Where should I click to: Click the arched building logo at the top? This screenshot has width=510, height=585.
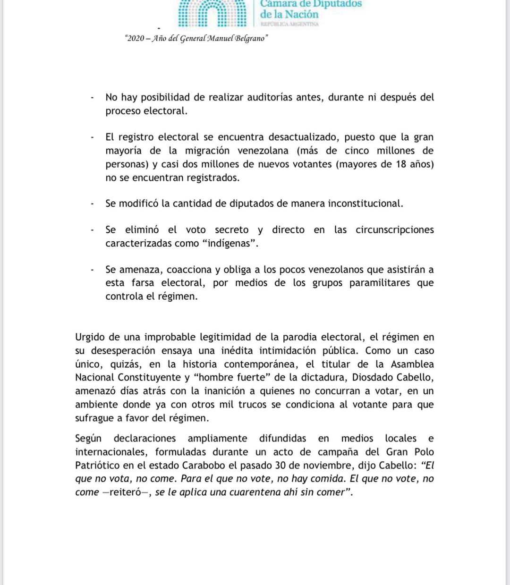click(212, 13)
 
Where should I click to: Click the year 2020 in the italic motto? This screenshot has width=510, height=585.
click(136, 38)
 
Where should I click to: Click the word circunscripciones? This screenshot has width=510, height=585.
click(394, 230)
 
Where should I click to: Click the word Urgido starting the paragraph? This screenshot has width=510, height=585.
click(91, 338)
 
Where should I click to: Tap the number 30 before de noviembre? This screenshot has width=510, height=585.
click(280, 466)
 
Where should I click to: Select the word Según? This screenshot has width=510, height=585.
click(88, 439)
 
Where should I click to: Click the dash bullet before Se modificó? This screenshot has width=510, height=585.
click(93, 203)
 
